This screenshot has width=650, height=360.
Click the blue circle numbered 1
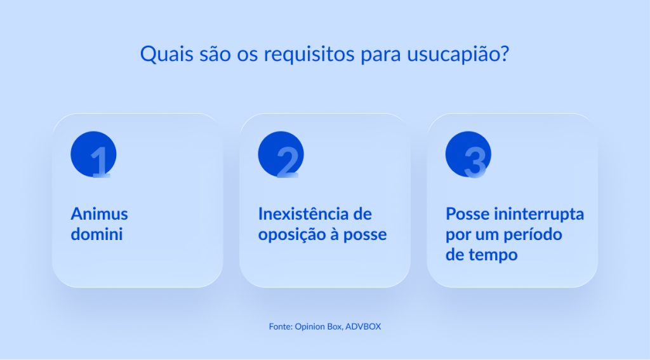point(93,154)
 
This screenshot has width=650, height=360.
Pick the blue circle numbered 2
point(281,154)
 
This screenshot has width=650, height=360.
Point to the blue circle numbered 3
point(468,154)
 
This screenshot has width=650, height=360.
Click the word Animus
point(99,213)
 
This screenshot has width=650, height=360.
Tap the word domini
point(96,234)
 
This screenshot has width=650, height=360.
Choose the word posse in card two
point(365,234)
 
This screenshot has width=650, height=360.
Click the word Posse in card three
point(468,213)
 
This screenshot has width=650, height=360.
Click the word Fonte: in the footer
point(281,326)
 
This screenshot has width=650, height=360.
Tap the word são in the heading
point(210,53)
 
